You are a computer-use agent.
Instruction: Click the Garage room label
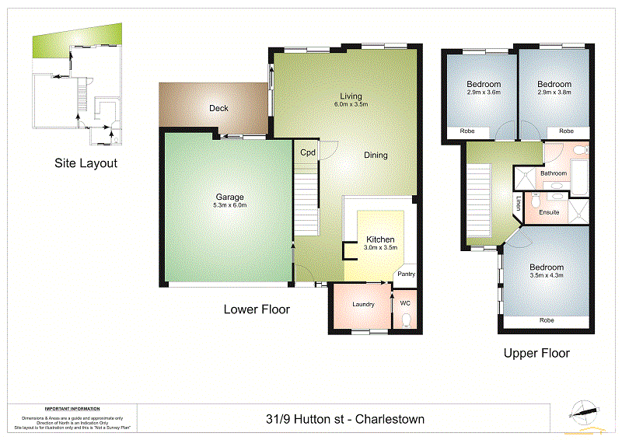[x=230, y=197]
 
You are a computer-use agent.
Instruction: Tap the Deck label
[x=218, y=108]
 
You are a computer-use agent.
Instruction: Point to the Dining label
[x=376, y=155]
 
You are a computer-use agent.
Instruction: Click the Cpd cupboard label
[x=308, y=152]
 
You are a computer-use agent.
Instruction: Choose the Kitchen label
[x=380, y=239]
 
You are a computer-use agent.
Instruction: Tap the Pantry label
[x=406, y=274]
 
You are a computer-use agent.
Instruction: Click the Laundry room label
[x=363, y=304]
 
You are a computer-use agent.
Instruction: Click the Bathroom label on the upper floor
[x=554, y=173]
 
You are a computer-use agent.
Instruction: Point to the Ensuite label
[x=549, y=211]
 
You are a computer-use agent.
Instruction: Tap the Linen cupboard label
[x=518, y=204]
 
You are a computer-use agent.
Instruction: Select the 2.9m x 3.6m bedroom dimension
[x=483, y=92]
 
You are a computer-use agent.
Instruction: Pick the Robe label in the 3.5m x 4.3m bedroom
[x=547, y=320]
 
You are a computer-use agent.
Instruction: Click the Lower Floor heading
[x=257, y=309]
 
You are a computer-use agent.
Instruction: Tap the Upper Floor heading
[x=536, y=353]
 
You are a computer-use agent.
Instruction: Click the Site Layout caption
[x=86, y=163]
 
